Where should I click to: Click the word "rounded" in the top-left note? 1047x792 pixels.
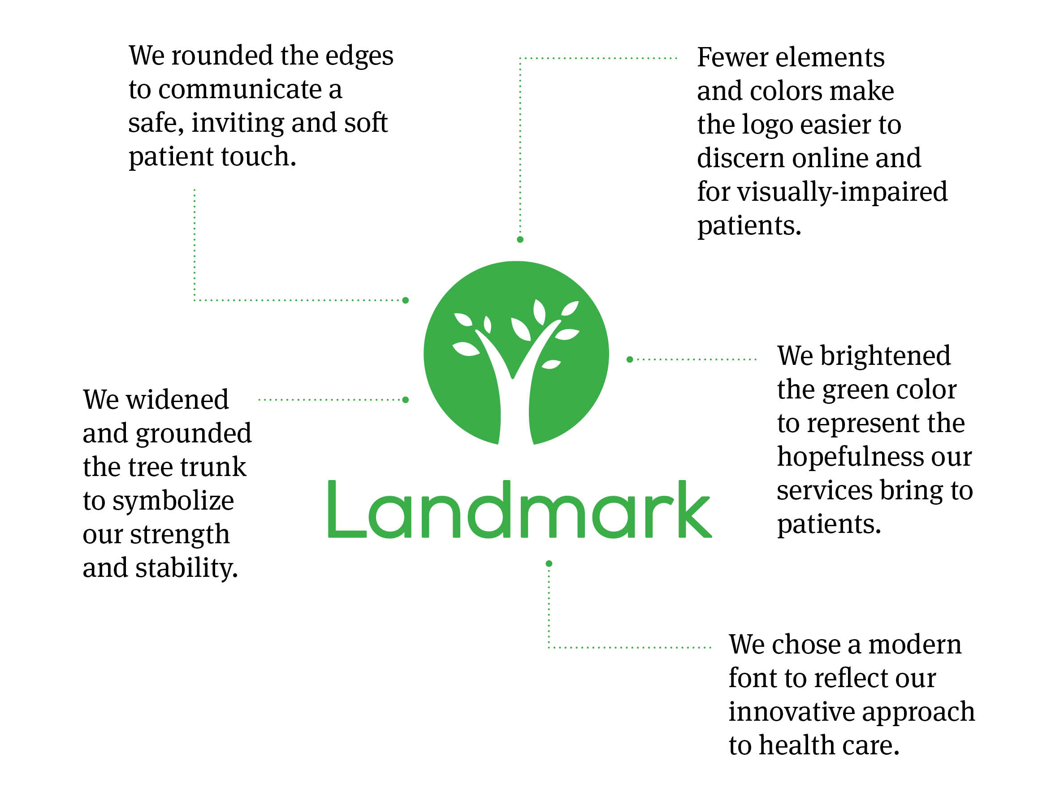point(223,56)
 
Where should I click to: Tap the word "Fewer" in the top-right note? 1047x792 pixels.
point(732,57)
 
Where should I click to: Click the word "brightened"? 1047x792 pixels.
point(885,356)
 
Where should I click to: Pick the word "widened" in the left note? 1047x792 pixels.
point(177,399)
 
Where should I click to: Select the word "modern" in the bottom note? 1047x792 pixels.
point(914,645)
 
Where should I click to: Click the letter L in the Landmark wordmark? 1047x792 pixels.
point(346,509)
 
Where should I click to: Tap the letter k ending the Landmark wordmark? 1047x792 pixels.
point(694,509)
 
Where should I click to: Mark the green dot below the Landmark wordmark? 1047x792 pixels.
point(549,563)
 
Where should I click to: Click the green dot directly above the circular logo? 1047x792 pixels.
point(520,239)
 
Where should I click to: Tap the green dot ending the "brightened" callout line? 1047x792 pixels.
point(630,360)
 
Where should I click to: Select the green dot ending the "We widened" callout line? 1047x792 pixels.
point(406,400)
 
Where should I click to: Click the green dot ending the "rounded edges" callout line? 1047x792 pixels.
point(406,300)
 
